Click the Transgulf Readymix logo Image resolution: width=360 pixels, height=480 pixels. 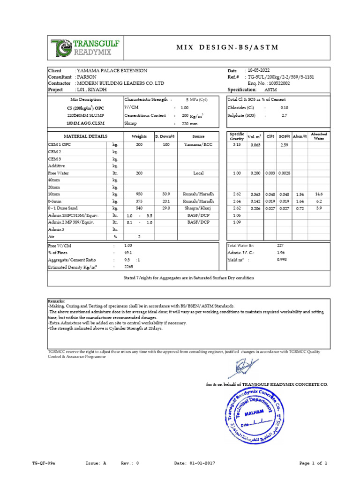click(86, 47)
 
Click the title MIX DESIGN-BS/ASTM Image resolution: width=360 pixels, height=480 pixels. click(226, 47)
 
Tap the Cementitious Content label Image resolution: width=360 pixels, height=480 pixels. click(145, 115)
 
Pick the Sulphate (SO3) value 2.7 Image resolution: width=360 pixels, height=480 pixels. click(284, 115)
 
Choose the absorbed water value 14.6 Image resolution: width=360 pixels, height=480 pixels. click(319, 194)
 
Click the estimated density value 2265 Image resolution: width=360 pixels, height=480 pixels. click(128, 267)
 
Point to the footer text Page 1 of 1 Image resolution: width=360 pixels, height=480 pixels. click(313, 463)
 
